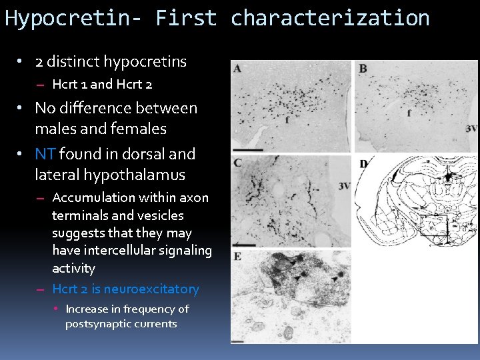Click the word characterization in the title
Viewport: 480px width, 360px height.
click(330, 18)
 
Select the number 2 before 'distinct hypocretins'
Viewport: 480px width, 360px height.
click(39, 62)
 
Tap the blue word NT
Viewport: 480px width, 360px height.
click(45, 154)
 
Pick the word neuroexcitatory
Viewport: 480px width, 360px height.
click(151, 289)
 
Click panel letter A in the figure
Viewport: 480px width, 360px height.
click(237, 68)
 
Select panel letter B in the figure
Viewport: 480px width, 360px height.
click(363, 68)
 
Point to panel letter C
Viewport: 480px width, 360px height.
click(237, 163)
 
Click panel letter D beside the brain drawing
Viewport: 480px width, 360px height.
click(363, 163)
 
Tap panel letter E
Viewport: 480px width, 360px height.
click(237, 256)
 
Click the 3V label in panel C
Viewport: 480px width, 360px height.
click(344, 186)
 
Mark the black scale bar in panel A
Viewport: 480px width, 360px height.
click(245, 149)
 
